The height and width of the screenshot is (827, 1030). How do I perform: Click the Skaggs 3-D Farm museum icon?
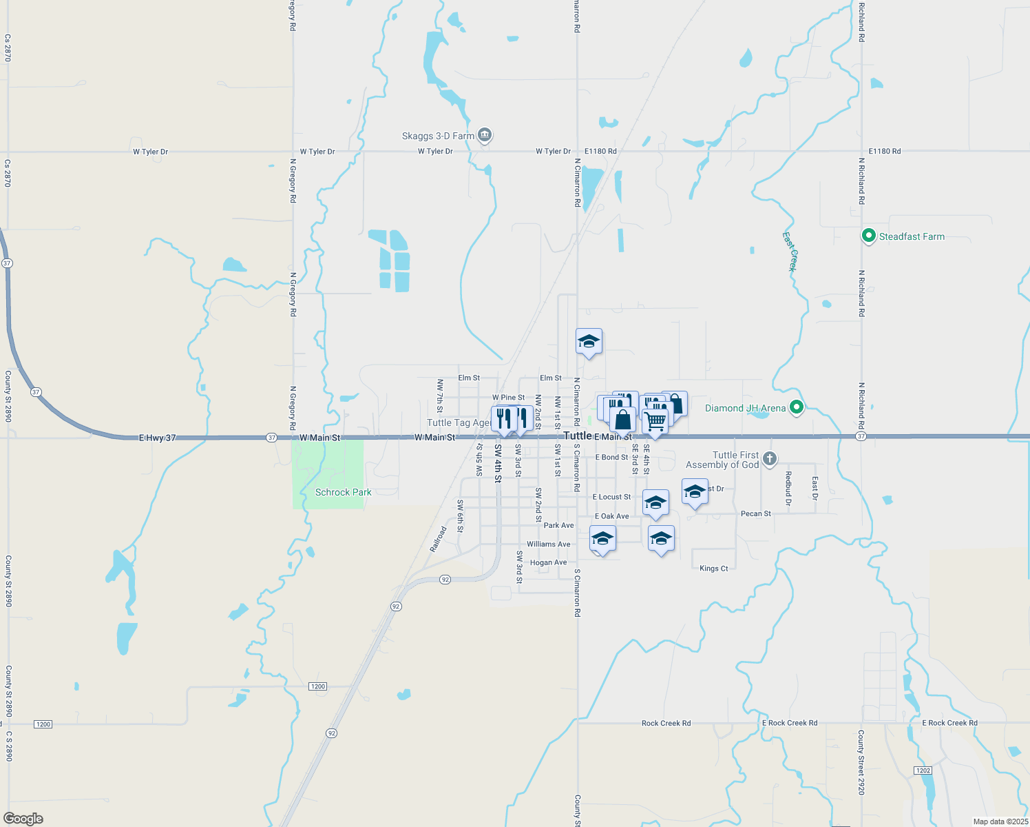[485, 135]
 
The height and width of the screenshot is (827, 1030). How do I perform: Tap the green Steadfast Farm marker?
[869, 236]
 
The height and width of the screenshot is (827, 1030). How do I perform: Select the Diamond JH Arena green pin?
[797, 408]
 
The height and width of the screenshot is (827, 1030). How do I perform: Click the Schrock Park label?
[343, 492]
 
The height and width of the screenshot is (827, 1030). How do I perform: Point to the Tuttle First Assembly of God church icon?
[770, 459]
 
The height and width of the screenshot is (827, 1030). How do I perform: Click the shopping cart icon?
[655, 420]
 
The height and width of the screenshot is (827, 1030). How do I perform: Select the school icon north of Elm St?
[589, 341]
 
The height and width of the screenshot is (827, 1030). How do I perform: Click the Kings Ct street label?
[713, 569]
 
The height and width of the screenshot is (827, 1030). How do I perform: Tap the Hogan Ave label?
[548, 562]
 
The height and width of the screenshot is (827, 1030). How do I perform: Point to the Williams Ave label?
[548, 544]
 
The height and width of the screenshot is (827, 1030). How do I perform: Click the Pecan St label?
[755, 513]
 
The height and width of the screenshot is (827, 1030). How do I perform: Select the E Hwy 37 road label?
[157, 438]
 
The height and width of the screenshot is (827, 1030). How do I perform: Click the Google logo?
[23, 819]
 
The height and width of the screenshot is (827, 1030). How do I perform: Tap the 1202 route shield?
[923, 770]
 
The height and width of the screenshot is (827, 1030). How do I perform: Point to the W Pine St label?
[508, 398]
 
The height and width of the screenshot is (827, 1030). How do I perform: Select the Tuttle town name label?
[577, 436]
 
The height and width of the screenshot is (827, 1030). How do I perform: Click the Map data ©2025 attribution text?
[1000, 821]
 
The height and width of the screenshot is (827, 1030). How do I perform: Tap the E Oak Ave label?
[611, 516]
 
